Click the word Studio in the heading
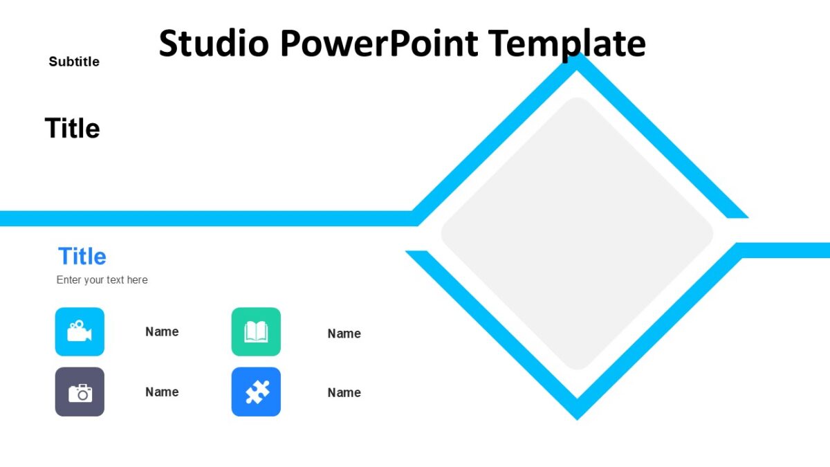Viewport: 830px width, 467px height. click(213, 43)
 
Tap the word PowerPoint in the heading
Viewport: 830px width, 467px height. click(379, 43)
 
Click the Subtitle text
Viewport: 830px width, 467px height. click(74, 62)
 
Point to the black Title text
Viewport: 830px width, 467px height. click(72, 129)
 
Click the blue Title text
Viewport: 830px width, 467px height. click(82, 256)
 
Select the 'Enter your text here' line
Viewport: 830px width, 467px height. click(102, 280)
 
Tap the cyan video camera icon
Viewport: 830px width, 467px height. click(80, 331)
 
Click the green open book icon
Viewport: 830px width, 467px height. click(256, 331)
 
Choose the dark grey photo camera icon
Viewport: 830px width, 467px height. click(80, 392)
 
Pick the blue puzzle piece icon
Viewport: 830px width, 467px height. click(256, 392)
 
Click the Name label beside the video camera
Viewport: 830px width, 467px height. click(162, 331)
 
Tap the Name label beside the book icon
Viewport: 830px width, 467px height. click(344, 333)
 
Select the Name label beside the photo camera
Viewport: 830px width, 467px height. click(162, 392)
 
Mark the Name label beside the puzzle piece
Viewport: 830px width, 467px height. click(344, 392)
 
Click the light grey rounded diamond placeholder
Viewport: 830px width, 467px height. click(577, 234)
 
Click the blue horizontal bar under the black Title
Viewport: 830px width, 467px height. click(207, 219)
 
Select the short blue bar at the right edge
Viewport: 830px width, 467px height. click(785, 250)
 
